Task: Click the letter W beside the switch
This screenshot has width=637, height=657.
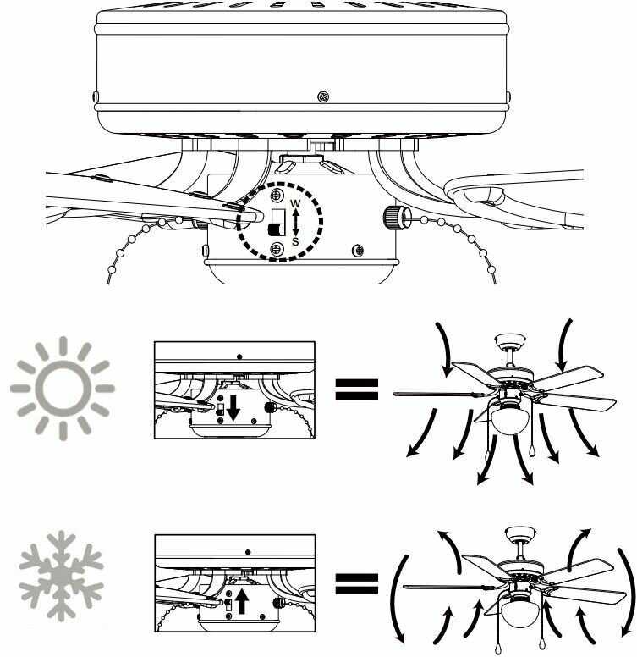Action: click(x=295, y=204)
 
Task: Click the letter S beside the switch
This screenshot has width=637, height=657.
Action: click(x=295, y=242)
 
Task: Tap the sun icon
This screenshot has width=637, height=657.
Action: click(x=63, y=389)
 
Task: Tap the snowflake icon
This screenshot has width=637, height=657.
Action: click(x=61, y=575)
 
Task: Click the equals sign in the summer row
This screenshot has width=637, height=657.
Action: click(x=357, y=389)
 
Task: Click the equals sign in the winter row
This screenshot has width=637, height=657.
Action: click(x=357, y=583)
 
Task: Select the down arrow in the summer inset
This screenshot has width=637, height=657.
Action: click(x=233, y=409)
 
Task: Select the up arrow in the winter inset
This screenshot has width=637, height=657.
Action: click(x=241, y=601)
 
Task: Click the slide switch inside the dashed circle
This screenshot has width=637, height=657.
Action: click(x=277, y=223)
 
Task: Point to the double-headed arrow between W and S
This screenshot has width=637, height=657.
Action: click(x=295, y=223)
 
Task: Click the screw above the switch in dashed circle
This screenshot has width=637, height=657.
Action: click(x=277, y=195)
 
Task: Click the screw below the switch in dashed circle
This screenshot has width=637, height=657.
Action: click(x=277, y=249)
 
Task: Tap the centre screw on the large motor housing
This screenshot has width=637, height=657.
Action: click(x=323, y=97)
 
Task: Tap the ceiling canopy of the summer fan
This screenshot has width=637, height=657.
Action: click(x=510, y=340)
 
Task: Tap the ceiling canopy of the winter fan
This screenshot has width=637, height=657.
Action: click(x=521, y=533)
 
